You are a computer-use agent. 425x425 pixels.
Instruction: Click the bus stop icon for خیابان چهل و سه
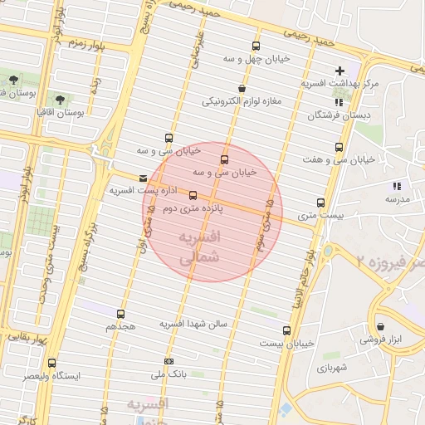pos(255,46)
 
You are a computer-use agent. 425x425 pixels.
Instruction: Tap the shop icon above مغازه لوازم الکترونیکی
pos(242,88)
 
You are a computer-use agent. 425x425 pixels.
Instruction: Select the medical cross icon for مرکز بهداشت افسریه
pos(340,71)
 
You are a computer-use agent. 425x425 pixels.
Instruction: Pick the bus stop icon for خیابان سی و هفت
pos(338,147)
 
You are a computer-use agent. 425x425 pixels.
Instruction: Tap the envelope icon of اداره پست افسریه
pos(144,178)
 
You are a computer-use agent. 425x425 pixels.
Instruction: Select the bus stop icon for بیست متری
pos(320,203)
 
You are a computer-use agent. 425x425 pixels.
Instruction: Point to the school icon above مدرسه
pos(397,186)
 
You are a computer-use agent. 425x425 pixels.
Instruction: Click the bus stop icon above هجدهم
pos(121,315)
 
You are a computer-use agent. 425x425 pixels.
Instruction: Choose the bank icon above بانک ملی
pos(169,361)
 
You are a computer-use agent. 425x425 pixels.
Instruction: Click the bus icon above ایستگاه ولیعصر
pos(52,364)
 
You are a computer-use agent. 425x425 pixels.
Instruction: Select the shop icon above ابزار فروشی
pos(380,326)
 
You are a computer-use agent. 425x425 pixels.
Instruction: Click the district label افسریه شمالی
pos(199,247)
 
